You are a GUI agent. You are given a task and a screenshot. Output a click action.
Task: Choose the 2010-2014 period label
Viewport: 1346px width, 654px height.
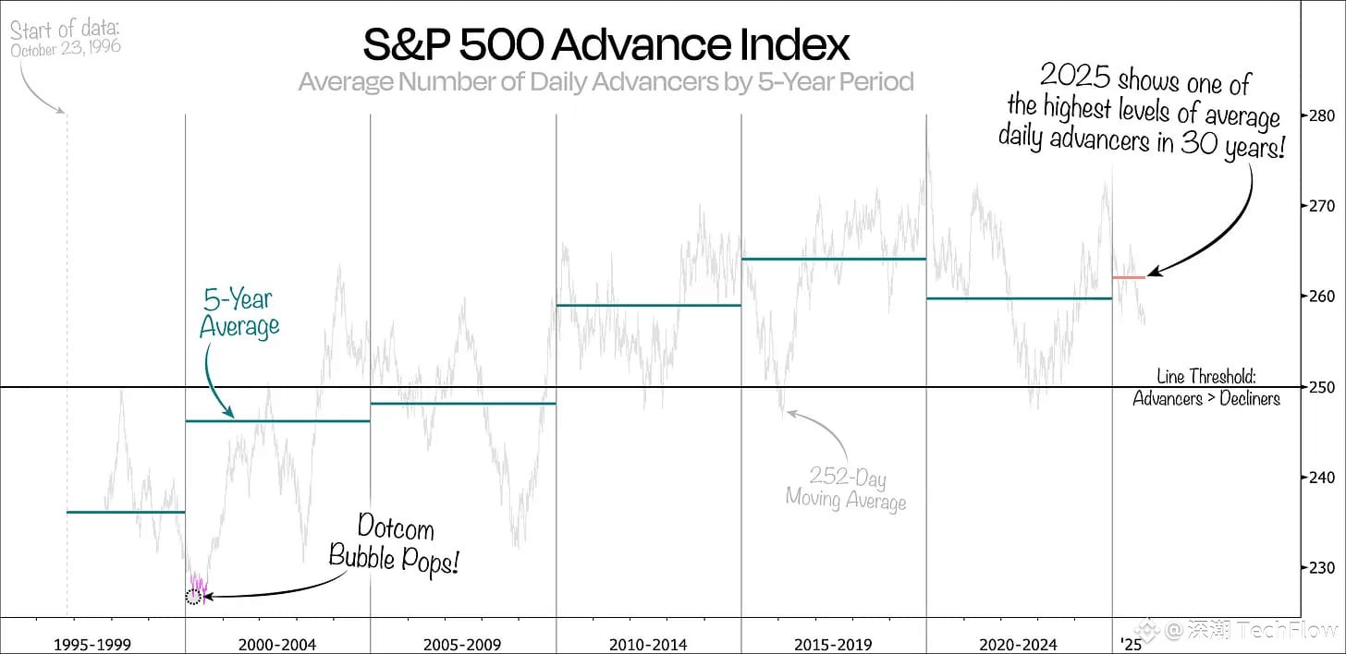pyautogui.click(x=647, y=644)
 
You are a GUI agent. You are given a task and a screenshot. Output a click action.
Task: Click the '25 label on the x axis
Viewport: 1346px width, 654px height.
pyautogui.click(x=1131, y=644)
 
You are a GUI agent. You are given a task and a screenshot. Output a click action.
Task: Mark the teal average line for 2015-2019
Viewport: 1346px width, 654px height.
pyautogui.click(x=833, y=259)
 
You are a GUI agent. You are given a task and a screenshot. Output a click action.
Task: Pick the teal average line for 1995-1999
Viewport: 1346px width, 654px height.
pyautogui.click(x=126, y=512)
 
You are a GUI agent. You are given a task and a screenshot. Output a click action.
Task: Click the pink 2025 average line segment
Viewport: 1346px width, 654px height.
pyautogui.click(x=1128, y=277)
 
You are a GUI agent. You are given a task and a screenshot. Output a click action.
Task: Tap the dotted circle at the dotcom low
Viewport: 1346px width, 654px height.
pyautogui.click(x=192, y=597)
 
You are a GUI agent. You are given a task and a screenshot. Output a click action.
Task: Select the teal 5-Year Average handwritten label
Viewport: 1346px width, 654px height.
pyautogui.click(x=239, y=313)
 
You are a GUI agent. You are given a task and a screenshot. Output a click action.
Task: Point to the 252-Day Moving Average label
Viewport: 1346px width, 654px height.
pyautogui.click(x=845, y=490)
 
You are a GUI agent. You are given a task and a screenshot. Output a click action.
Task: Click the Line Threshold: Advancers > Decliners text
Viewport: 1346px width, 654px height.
pyautogui.click(x=1205, y=388)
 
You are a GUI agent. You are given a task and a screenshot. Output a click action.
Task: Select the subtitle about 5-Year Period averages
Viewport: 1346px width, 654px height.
pyautogui.click(x=606, y=82)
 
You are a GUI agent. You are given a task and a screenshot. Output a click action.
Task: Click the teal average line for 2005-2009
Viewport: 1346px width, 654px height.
pyautogui.click(x=462, y=404)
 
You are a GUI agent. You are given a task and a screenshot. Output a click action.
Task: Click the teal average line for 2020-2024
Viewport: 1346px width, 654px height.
pyautogui.click(x=1018, y=298)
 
